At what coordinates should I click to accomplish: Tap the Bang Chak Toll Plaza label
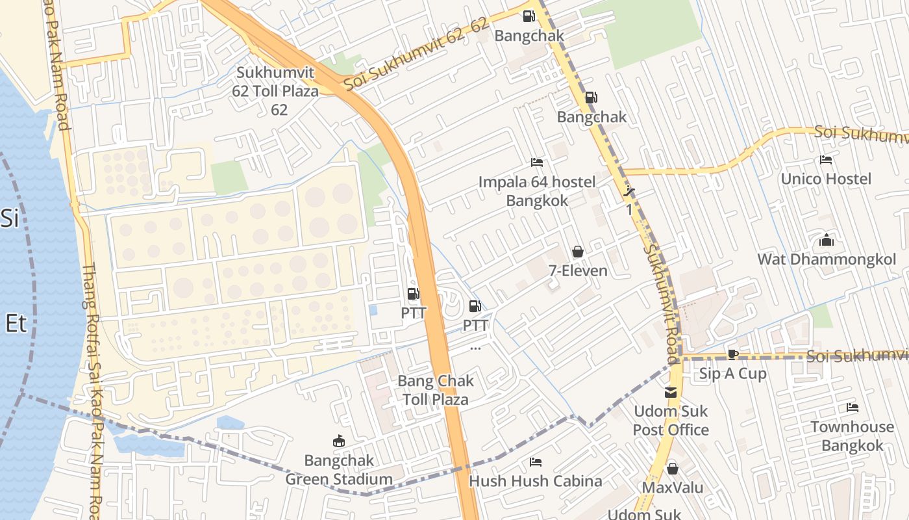click(x=436, y=390)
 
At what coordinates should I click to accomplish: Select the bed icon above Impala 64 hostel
click(x=537, y=162)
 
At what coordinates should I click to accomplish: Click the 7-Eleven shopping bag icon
click(x=577, y=252)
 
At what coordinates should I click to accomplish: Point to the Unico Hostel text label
click(x=826, y=179)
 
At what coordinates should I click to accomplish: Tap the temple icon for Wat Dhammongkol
click(x=826, y=240)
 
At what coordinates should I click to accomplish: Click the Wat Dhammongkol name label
click(x=826, y=260)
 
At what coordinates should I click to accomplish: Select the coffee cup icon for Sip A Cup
click(x=732, y=354)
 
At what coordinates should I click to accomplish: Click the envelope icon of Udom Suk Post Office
click(x=670, y=393)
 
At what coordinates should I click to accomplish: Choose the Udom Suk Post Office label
click(x=670, y=421)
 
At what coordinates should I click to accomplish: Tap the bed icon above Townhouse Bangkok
click(x=852, y=408)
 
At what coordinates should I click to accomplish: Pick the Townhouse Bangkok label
click(x=852, y=436)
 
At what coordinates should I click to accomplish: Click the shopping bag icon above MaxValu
click(x=672, y=468)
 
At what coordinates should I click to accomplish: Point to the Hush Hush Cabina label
click(x=535, y=482)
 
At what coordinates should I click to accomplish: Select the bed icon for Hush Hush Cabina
click(x=535, y=462)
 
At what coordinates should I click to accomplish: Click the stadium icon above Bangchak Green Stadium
click(x=338, y=441)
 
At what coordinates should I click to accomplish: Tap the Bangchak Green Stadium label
click(x=339, y=470)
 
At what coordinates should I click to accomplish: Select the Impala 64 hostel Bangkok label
click(x=536, y=191)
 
